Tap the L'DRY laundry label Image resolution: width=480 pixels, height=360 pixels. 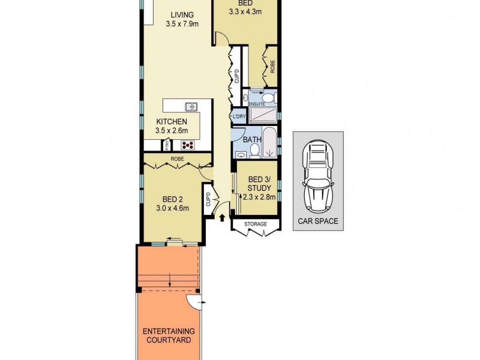[x=238, y=116]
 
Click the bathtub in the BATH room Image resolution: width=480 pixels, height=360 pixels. [x=270, y=140]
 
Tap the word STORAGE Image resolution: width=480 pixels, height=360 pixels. [x=256, y=224]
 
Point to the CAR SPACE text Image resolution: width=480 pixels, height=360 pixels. [x=318, y=221]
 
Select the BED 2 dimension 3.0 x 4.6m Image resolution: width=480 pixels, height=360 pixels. [x=173, y=209]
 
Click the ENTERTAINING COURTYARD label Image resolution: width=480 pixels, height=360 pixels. [x=169, y=335]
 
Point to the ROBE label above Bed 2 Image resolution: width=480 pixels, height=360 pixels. [x=177, y=159]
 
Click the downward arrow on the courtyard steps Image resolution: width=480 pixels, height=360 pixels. [x=170, y=279]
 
